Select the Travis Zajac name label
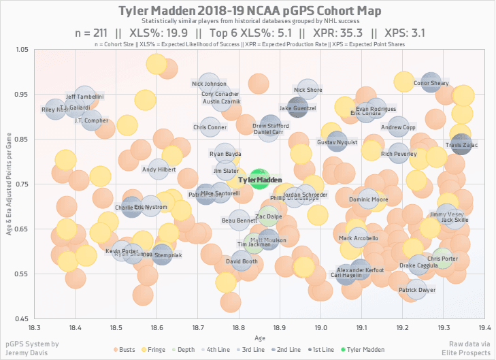pos(462,145)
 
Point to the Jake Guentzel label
pos(298,108)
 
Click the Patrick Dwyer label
pos(417,291)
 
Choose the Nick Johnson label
pos(209,84)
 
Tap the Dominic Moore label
pos(368,200)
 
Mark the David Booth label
pos(242,261)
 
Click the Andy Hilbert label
pos(159,169)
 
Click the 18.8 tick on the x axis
pos(239,326)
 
